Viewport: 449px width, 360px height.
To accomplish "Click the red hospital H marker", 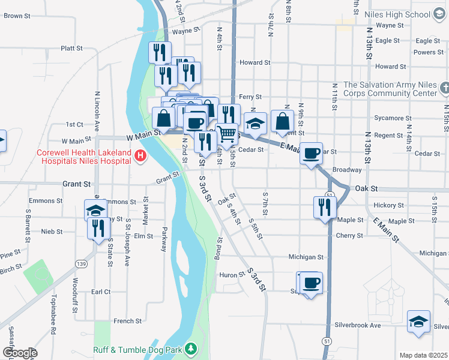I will click(140, 156).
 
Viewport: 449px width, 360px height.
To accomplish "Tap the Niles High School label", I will click(401, 14).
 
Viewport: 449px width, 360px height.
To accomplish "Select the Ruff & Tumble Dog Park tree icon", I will click(191, 348).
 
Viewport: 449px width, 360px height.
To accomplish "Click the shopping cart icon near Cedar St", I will click(227, 134).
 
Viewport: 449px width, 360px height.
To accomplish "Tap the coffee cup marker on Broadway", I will click(312, 154).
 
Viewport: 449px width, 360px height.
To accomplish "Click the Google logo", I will click(19, 353).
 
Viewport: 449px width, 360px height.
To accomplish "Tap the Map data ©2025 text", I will click(423, 355).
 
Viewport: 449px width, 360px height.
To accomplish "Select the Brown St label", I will click(17, 16).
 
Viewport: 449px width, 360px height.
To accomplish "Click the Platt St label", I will click(71, 48).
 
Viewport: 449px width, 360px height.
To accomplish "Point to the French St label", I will click(127, 321).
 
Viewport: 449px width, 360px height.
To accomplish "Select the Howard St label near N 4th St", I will click(255, 62).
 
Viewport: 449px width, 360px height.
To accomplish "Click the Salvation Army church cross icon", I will click(444, 89).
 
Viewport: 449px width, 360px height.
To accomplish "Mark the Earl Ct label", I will click(101, 292).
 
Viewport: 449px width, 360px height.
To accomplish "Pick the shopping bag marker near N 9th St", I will click(282, 121).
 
